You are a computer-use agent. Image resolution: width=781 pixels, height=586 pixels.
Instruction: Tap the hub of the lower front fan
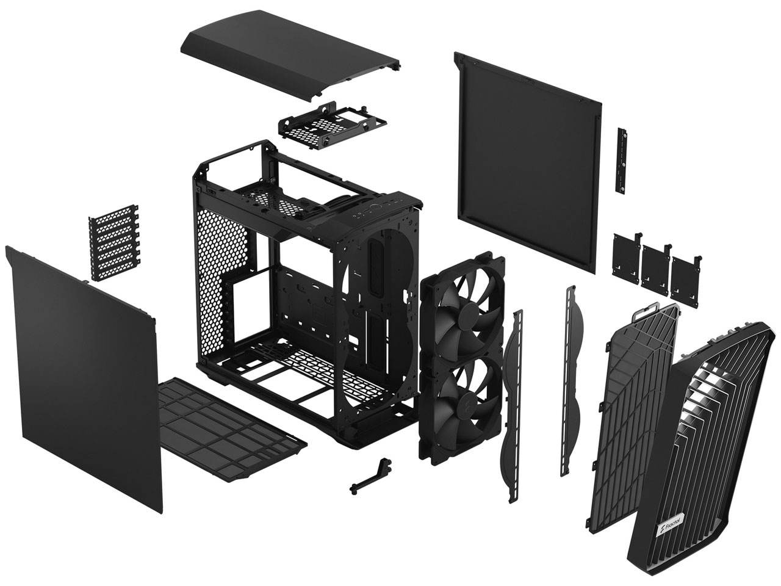click(467, 408)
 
